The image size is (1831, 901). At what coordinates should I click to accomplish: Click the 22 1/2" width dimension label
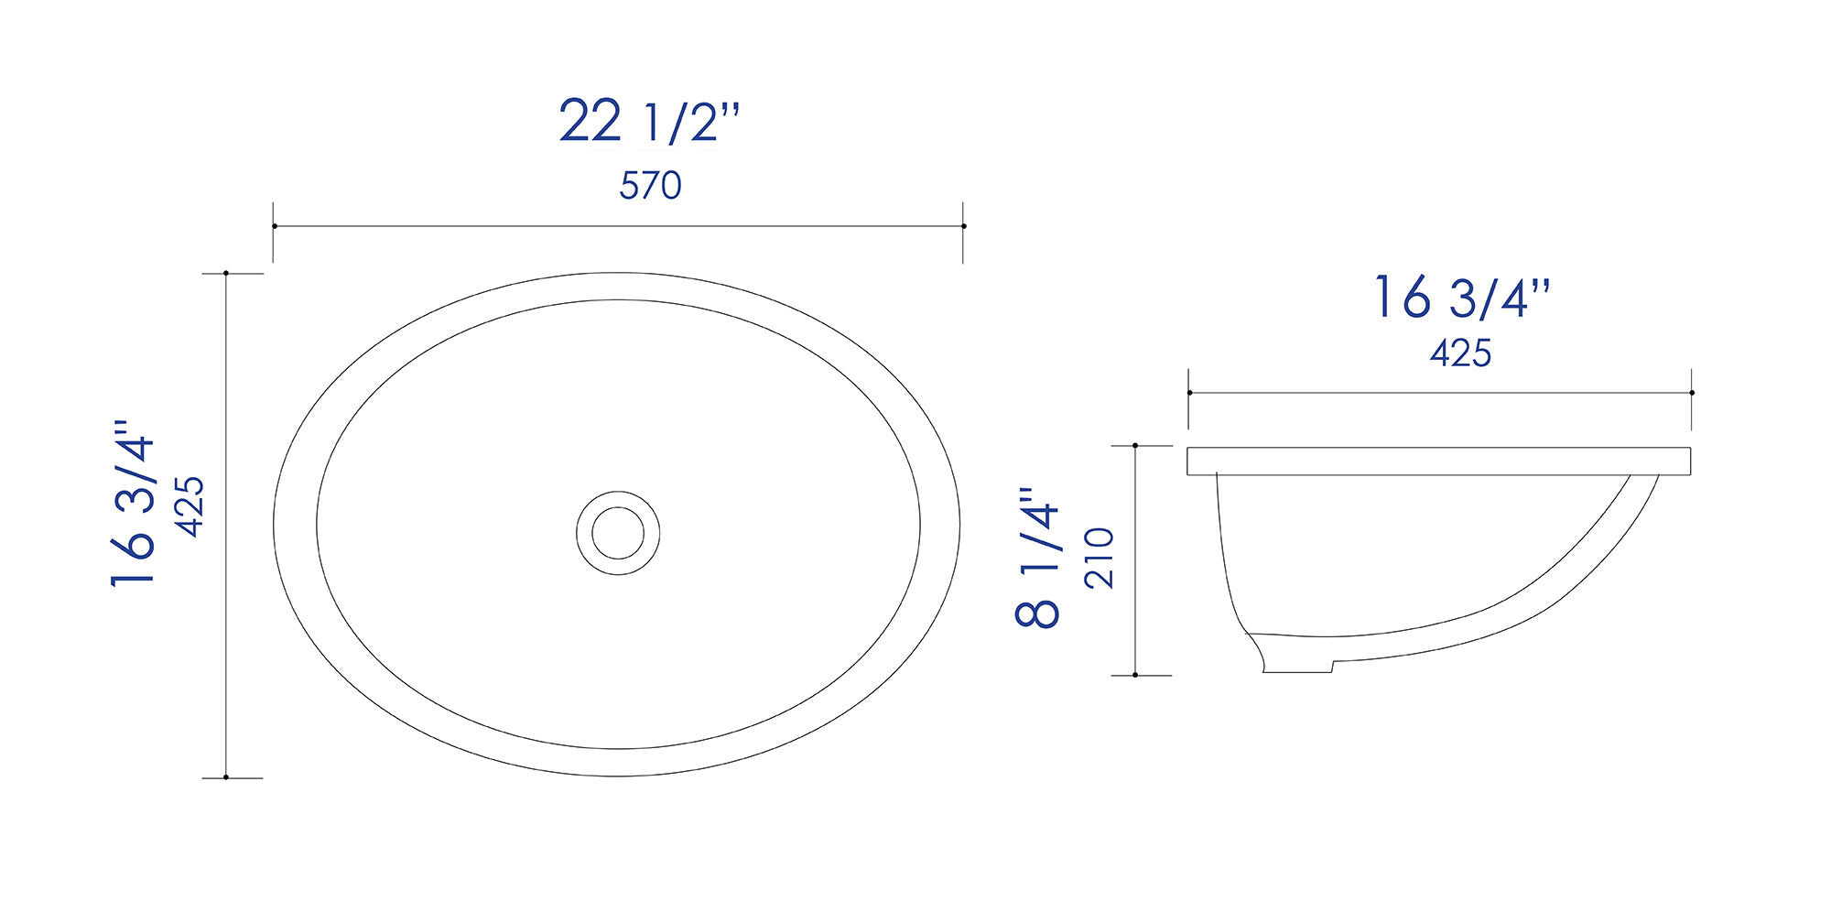coord(648,122)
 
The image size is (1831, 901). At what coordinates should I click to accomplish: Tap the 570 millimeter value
coord(650,186)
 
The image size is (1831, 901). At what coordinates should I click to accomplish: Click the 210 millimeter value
coord(1100,558)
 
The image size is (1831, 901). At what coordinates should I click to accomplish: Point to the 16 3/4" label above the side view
coord(1461,299)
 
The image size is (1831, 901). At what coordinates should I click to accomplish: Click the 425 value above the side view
coord(1460,353)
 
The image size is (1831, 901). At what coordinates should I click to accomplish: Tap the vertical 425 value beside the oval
coord(191,506)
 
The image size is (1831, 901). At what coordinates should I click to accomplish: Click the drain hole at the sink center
coord(618,533)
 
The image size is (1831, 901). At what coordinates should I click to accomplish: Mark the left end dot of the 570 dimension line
coord(274,226)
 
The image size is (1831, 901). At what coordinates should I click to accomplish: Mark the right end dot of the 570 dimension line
coord(963,226)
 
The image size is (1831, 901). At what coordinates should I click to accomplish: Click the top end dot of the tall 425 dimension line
coord(226,273)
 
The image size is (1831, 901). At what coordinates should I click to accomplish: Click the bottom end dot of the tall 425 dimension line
coord(226,777)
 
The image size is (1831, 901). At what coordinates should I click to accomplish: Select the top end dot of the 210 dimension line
coord(1135,446)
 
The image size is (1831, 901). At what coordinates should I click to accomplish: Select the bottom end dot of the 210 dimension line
coord(1135,675)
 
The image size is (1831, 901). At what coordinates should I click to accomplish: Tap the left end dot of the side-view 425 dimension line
coord(1189,393)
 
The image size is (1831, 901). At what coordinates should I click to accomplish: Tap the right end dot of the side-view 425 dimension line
coord(1691,393)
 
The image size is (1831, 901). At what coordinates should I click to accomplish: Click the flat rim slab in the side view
coord(1437,461)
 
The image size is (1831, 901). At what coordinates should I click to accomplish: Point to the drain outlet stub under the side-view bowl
coord(1297,665)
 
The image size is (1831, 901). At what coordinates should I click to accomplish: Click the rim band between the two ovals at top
coord(618,287)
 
